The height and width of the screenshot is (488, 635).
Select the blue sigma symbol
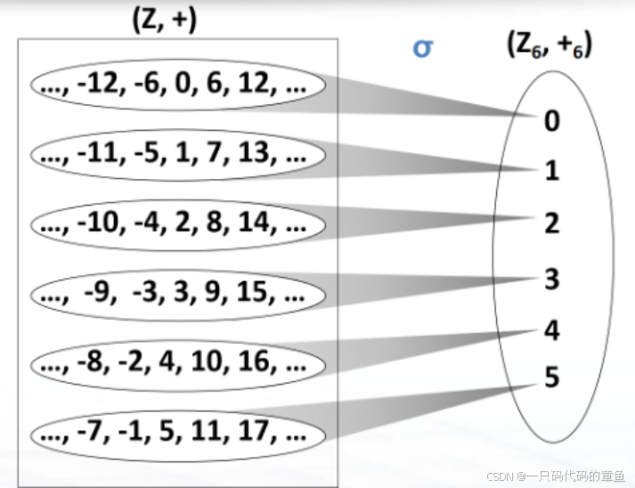pos(422,46)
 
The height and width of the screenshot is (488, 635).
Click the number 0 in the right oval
pos(552,120)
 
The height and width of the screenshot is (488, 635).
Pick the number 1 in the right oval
pos(552,171)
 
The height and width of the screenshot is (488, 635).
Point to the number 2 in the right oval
pos(552,223)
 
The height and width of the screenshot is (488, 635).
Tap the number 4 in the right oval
pos(552,331)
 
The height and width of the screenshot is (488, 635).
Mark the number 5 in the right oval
pos(552,378)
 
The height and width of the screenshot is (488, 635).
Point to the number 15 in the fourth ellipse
pos(256,293)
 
